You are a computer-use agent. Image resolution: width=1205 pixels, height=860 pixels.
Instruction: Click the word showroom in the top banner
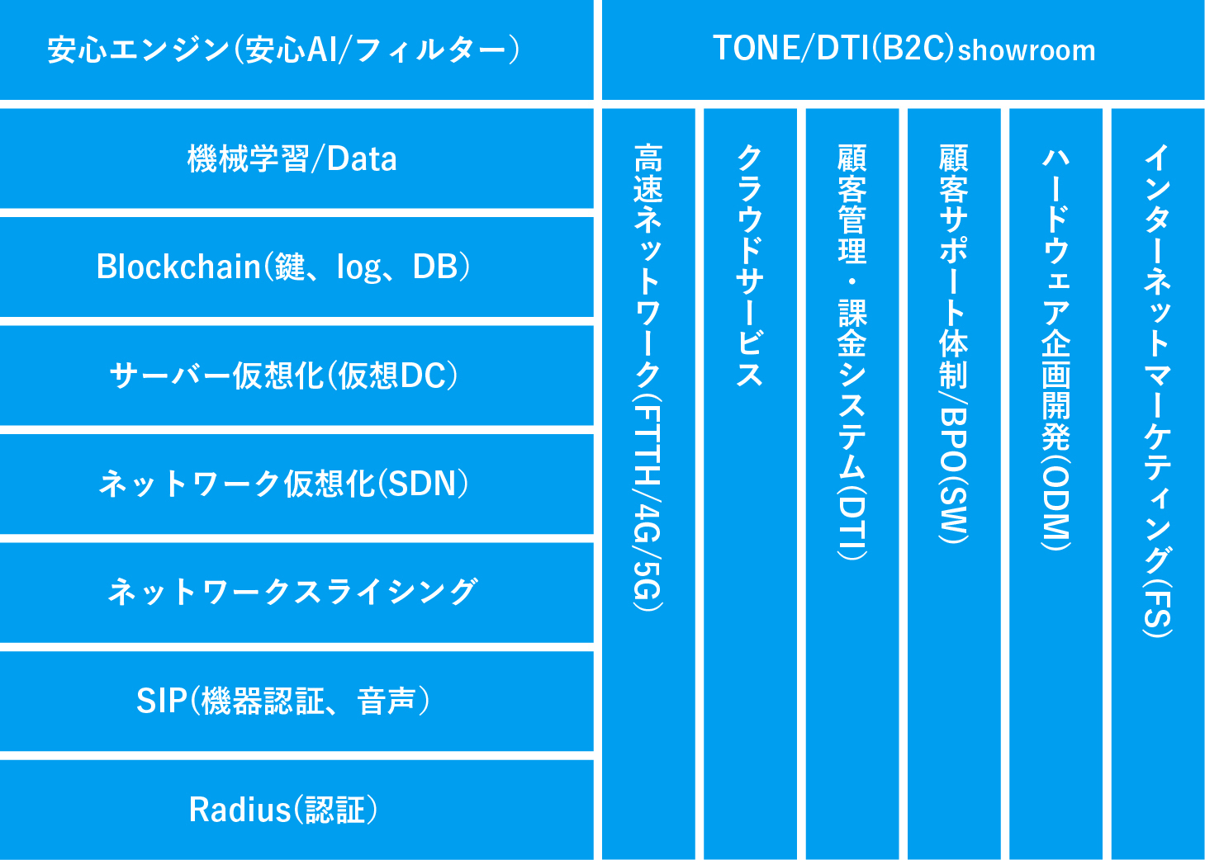pos(1027,50)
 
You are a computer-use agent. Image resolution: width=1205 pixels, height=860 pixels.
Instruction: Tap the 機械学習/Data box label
pos(292,159)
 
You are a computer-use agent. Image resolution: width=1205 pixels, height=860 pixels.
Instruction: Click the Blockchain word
pos(178,266)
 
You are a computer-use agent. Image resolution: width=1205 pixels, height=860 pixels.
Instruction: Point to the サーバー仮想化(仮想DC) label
pos(283,376)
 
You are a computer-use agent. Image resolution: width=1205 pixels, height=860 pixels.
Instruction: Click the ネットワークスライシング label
pos(292,592)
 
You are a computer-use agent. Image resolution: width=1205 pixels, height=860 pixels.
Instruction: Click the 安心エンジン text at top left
pos(139,50)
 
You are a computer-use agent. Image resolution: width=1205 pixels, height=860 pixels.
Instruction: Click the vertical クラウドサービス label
pos(750,265)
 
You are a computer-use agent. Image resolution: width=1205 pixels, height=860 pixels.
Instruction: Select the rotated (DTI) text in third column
pos(852,522)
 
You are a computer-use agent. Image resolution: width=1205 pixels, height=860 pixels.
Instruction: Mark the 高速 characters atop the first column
pos(648,173)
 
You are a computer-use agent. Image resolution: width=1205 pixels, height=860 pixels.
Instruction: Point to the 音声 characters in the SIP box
pos(387,701)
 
